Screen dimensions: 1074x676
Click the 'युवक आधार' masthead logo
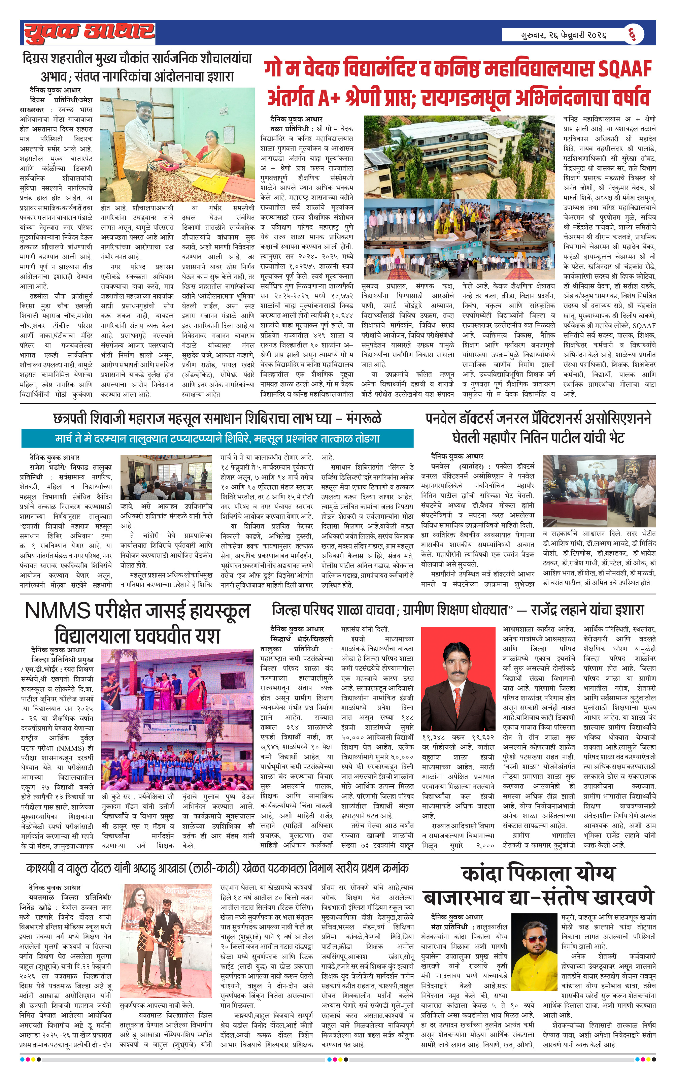click(89, 32)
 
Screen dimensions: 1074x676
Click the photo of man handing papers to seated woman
click(177, 144)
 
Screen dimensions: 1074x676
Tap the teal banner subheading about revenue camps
click(217, 438)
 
